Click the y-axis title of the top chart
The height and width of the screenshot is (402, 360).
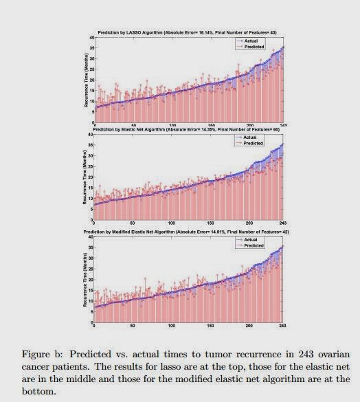tap(85, 79)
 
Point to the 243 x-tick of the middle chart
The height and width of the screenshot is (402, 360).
tap(283, 223)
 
